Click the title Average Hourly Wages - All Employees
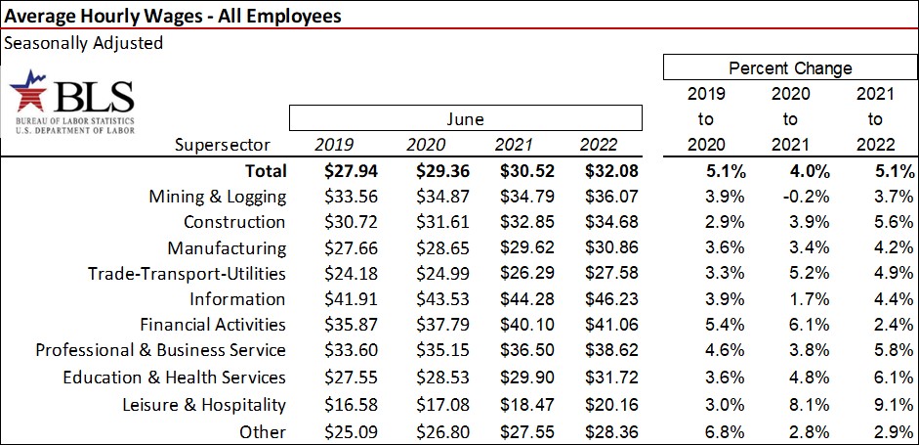pyautogui.click(x=173, y=15)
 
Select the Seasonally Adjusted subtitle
pyautogui.click(x=83, y=43)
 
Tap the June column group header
pyautogui.click(x=465, y=118)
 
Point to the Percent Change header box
pyautogui.click(x=789, y=68)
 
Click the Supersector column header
pyautogui.click(x=230, y=145)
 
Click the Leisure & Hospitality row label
pyautogui.click(x=204, y=404)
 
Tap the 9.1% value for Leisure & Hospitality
pyautogui.click(x=873, y=404)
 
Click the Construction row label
pyautogui.click(x=234, y=222)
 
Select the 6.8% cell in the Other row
pyautogui.click(x=706, y=430)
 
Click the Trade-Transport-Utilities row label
pyautogui.click(x=187, y=274)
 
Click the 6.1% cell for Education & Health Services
pyautogui.click(x=873, y=378)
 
